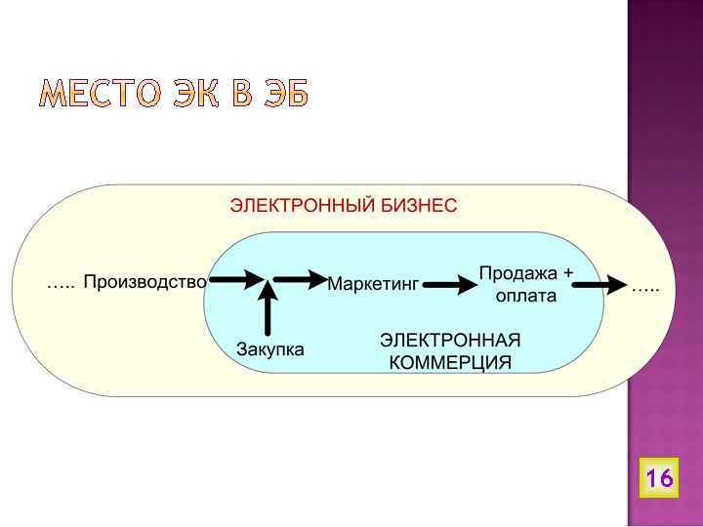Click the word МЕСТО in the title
(96, 95)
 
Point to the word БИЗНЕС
(420, 206)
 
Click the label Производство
(145, 283)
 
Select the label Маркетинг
(372, 284)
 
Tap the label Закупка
(270, 348)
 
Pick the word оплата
(526, 296)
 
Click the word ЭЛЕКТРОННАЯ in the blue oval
(450, 341)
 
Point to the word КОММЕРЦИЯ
(450, 363)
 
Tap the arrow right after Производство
(235, 280)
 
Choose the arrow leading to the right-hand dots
(598, 285)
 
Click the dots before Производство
(61, 285)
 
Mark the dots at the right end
(645, 288)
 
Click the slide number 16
(659, 478)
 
